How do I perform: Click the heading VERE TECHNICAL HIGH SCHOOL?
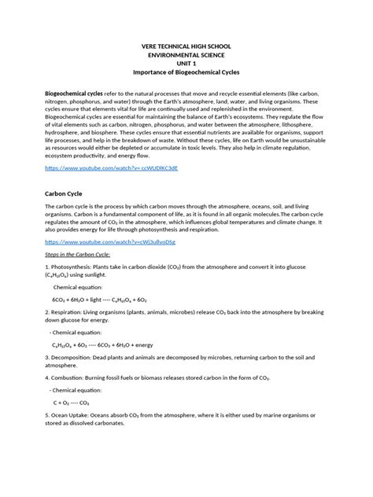tap(186, 46)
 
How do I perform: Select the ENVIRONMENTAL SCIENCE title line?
tap(186, 57)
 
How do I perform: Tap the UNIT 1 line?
tap(186, 66)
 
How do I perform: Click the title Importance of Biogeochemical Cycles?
tap(186, 76)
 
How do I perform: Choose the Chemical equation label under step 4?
tap(79, 388)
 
